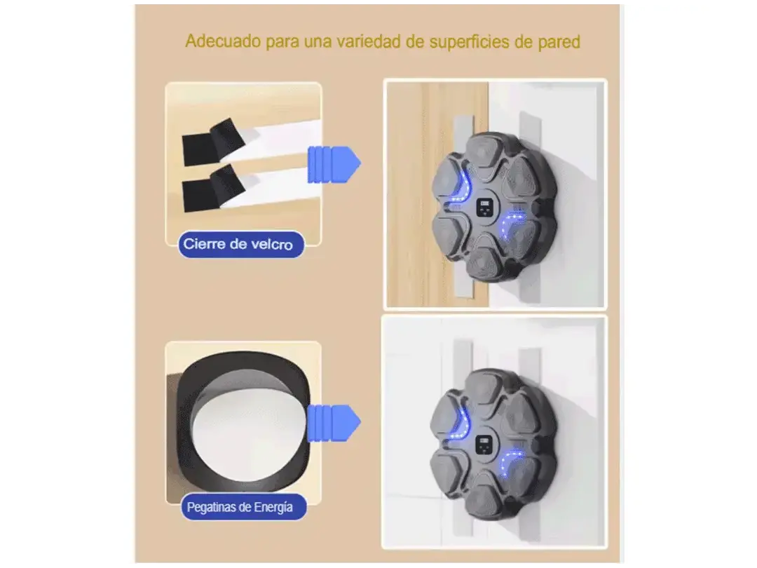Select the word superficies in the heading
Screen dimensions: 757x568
click(469, 42)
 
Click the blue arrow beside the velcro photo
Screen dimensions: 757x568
click(334, 164)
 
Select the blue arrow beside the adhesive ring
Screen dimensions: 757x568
click(334, 423)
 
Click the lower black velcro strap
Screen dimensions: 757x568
click(212, 187)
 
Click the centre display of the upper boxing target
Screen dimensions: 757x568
click(485, 208)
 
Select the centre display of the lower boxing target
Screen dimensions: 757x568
click(483, 444)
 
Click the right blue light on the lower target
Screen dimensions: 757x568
click(510, 461)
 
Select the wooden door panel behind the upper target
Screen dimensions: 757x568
click(437, 194)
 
